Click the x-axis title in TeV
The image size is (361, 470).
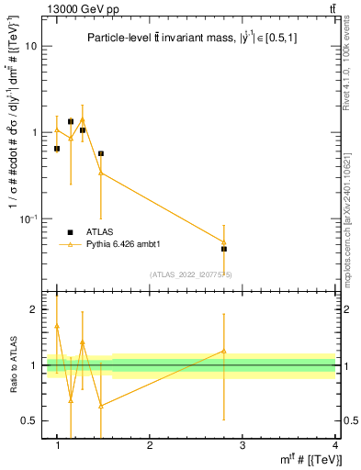[308, 459]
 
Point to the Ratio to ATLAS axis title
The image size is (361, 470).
[13, 365]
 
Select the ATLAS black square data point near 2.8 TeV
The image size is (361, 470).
[223, 249]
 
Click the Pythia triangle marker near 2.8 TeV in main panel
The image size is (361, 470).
[223, 241]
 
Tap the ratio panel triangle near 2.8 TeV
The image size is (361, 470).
[223, 351]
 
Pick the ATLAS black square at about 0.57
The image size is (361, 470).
[100, 153]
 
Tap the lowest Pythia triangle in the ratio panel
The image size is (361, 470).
[100, 405]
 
